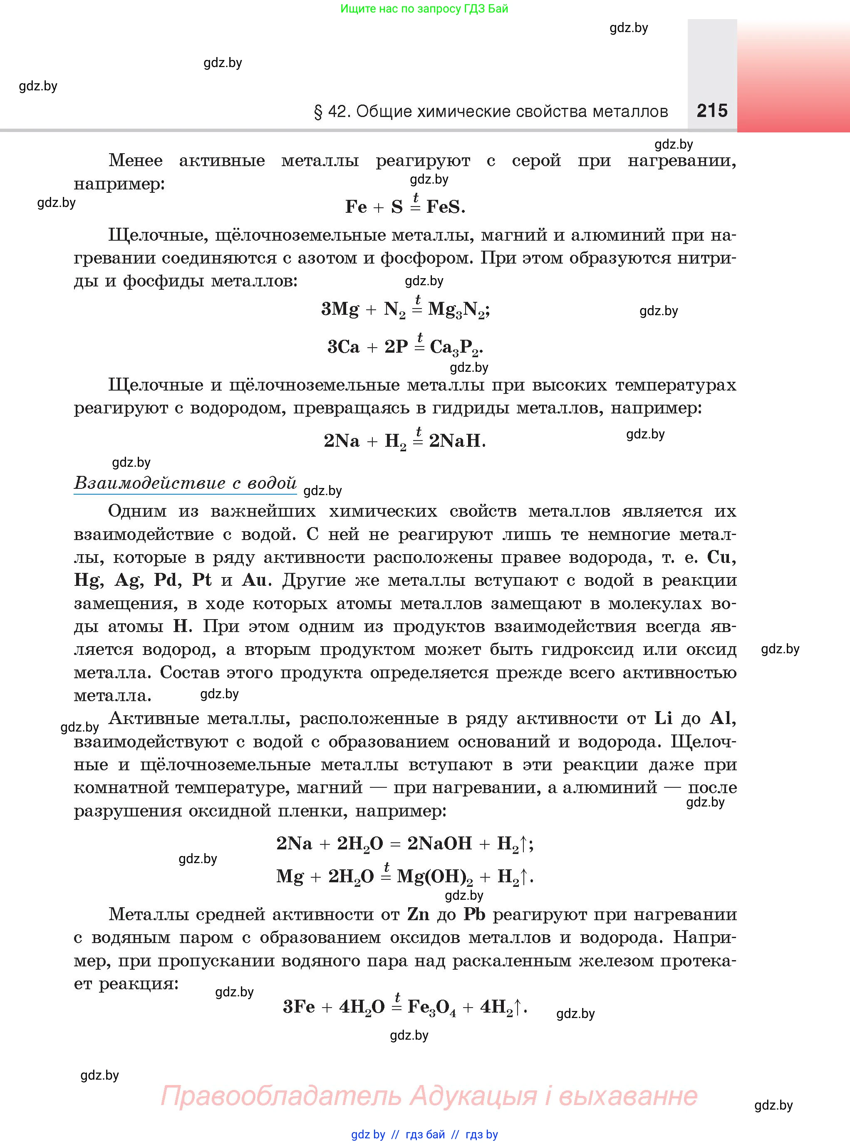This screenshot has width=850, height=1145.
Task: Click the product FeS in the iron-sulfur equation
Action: tap(445, 207)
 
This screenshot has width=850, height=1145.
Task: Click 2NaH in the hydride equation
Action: tap(456, 441)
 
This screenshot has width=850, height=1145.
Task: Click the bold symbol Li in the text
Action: tap(663, 718)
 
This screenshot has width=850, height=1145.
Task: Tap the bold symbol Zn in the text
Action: tap(418, 914)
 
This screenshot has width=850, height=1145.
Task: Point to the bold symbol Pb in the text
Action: tap(474, 914)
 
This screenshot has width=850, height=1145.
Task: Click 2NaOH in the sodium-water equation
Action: tap(439, 843)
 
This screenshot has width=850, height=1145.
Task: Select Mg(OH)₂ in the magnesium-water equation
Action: tap(434, 876)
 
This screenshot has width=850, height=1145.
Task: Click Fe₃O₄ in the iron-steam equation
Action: tap(431, 1006)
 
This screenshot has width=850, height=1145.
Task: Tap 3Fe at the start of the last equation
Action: tap(298, 1006)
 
